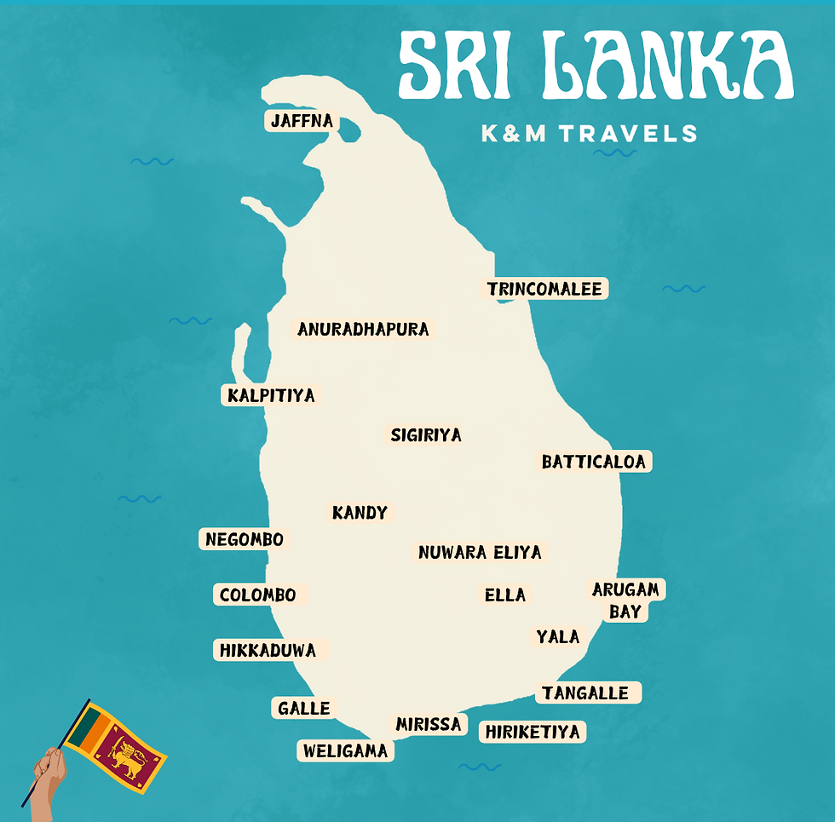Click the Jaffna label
pyautogui.click(x=301, y=121)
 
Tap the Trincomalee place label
pyautogui.click(x=544, y=289)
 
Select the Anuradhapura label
pyautogui.click(x=363, y=329)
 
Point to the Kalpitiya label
pyautogui.click(x=271, y=395)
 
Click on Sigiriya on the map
pyautogui.click(x=426, y=435)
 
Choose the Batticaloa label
pyautogui.click(x=595, y=462)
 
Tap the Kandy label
pyautogui.click(x=360, y=513)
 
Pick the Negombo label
pyautogui.click(x=244, y=539)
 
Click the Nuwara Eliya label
pyautogui.click(x=480, y=552)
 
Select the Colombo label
pyautogui.click(x=257, y=595)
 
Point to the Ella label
pyautogui.click(x=505, y=595)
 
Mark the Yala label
pyautogui.click(x=557, y=636)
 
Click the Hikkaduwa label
pyautogui.click(x=268, y=651)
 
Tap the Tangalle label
pyautogui.click(x=585, y=693)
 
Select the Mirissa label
pyautogui.click(x=428, y=724)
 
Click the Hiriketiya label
pyautogui.click(x=532, y=732)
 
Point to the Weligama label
pyautogui.click(x=345, y=750)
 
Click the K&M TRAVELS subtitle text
pyautogui.click(x=589, y=134)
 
